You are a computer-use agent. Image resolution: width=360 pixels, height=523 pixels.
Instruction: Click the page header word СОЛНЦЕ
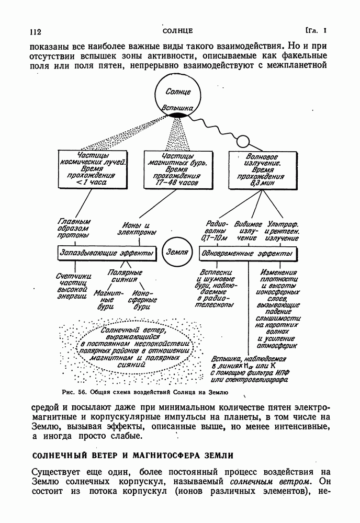pyautogui.click(x=178, y=30)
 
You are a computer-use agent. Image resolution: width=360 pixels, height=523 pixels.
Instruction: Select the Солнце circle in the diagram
pyautogui.click(x=178, y=96)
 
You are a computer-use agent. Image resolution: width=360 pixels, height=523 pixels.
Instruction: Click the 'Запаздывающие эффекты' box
pyautogui.click(x=107, y=253)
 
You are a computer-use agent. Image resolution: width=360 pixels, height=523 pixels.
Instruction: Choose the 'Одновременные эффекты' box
pyautogui.click(x=246, y=253)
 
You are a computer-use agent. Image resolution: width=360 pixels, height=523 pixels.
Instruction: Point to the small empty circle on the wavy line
pyautogui.click(x=242, y=141)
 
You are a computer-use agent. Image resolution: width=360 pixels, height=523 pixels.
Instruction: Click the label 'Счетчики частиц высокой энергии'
pyautogui.click(x=74, y=286)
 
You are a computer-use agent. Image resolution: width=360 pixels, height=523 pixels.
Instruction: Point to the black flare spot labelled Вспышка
pyautogui.click(x=178, y=115)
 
